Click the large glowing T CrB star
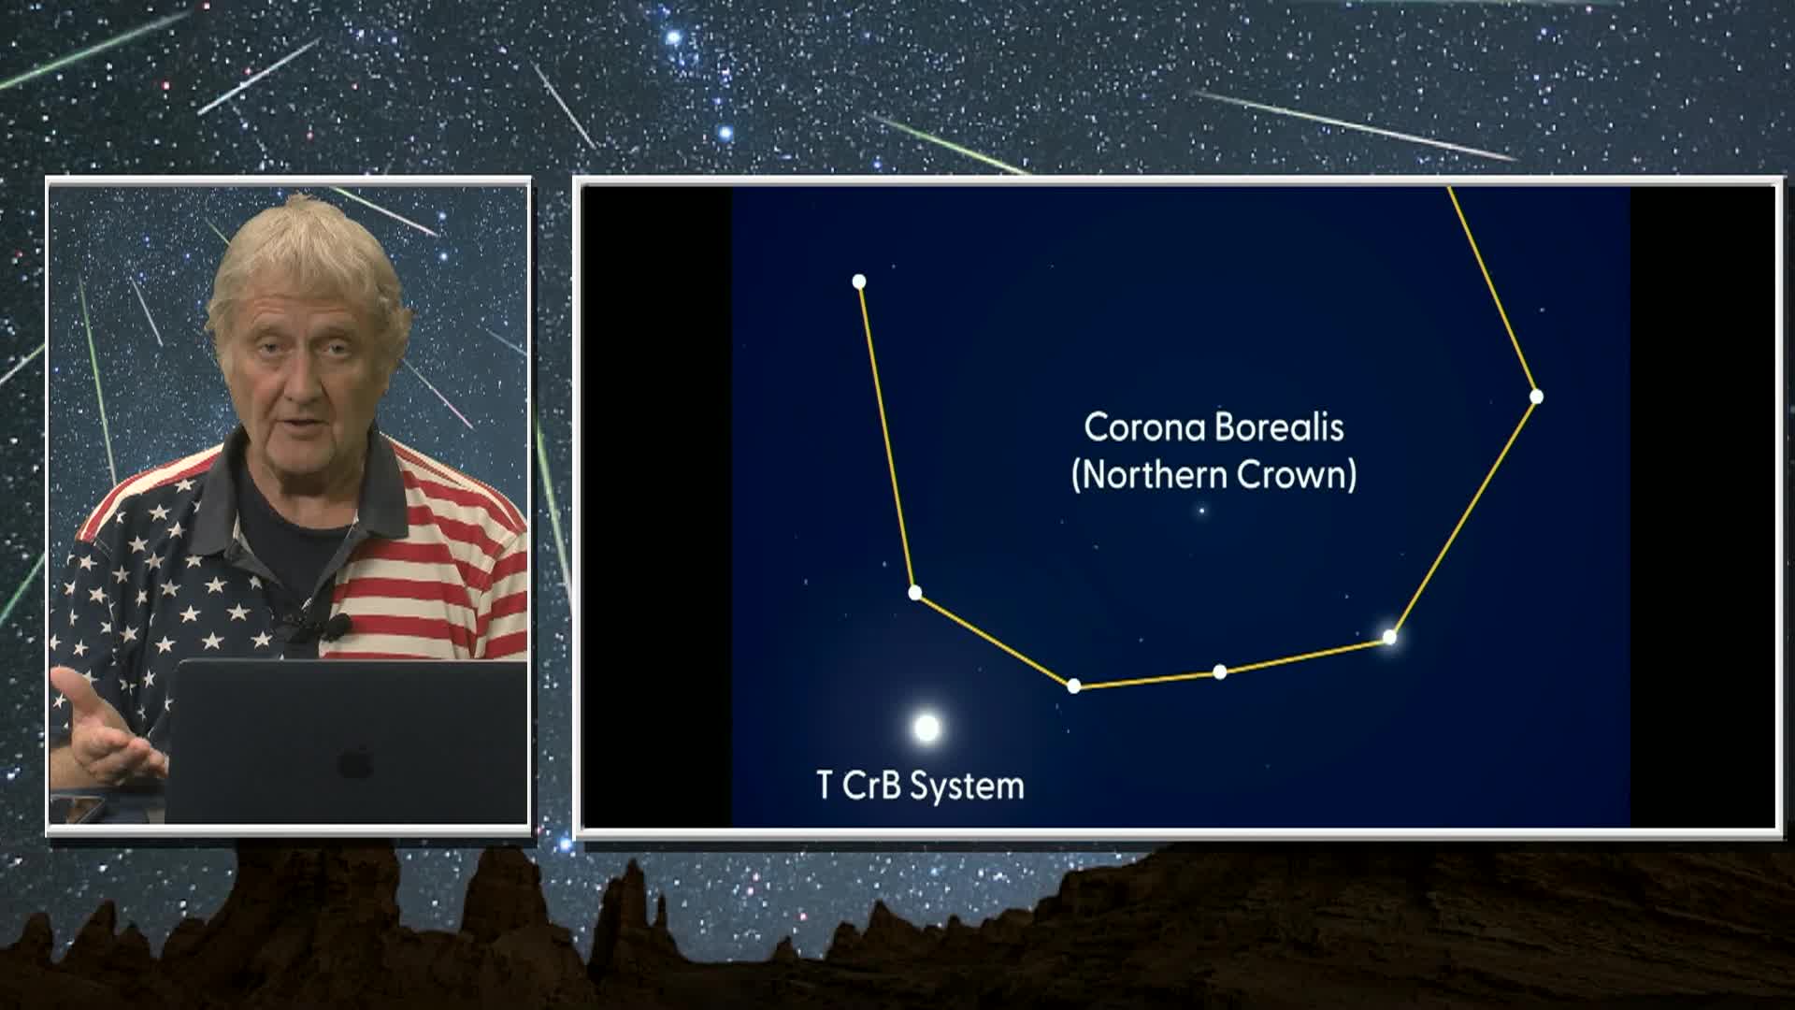(x=926, y=728)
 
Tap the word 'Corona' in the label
(x=1135, y=427)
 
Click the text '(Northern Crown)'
(x=1213, y=475)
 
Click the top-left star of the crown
(x=859, y=281)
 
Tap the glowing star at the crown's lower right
(x=1389, y=638)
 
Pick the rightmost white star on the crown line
(x=1536, y=397)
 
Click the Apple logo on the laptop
(x=355, y=762)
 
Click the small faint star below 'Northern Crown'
(x=1202, y=511)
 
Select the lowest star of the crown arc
(x=1074, y=686)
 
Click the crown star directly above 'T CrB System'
(x=915, y=593)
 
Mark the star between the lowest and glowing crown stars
(x=1219, y=671)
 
